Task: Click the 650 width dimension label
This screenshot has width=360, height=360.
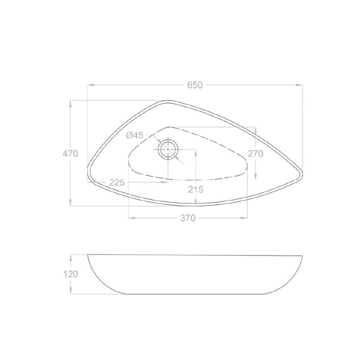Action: tap(195, 85)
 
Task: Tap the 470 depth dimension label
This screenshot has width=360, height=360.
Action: tap(70, 154)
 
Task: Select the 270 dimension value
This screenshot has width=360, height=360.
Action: tap(256, 154)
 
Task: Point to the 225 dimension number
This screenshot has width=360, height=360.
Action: tap(117, 182)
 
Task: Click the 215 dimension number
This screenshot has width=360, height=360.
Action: tap(196, 190)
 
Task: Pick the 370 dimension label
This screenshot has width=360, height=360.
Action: tap(188, 218)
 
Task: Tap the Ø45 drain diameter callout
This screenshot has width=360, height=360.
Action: tap(134, 135)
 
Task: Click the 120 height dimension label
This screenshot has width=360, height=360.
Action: tap(70, 274)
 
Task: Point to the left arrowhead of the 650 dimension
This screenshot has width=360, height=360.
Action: tap(91, 85)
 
